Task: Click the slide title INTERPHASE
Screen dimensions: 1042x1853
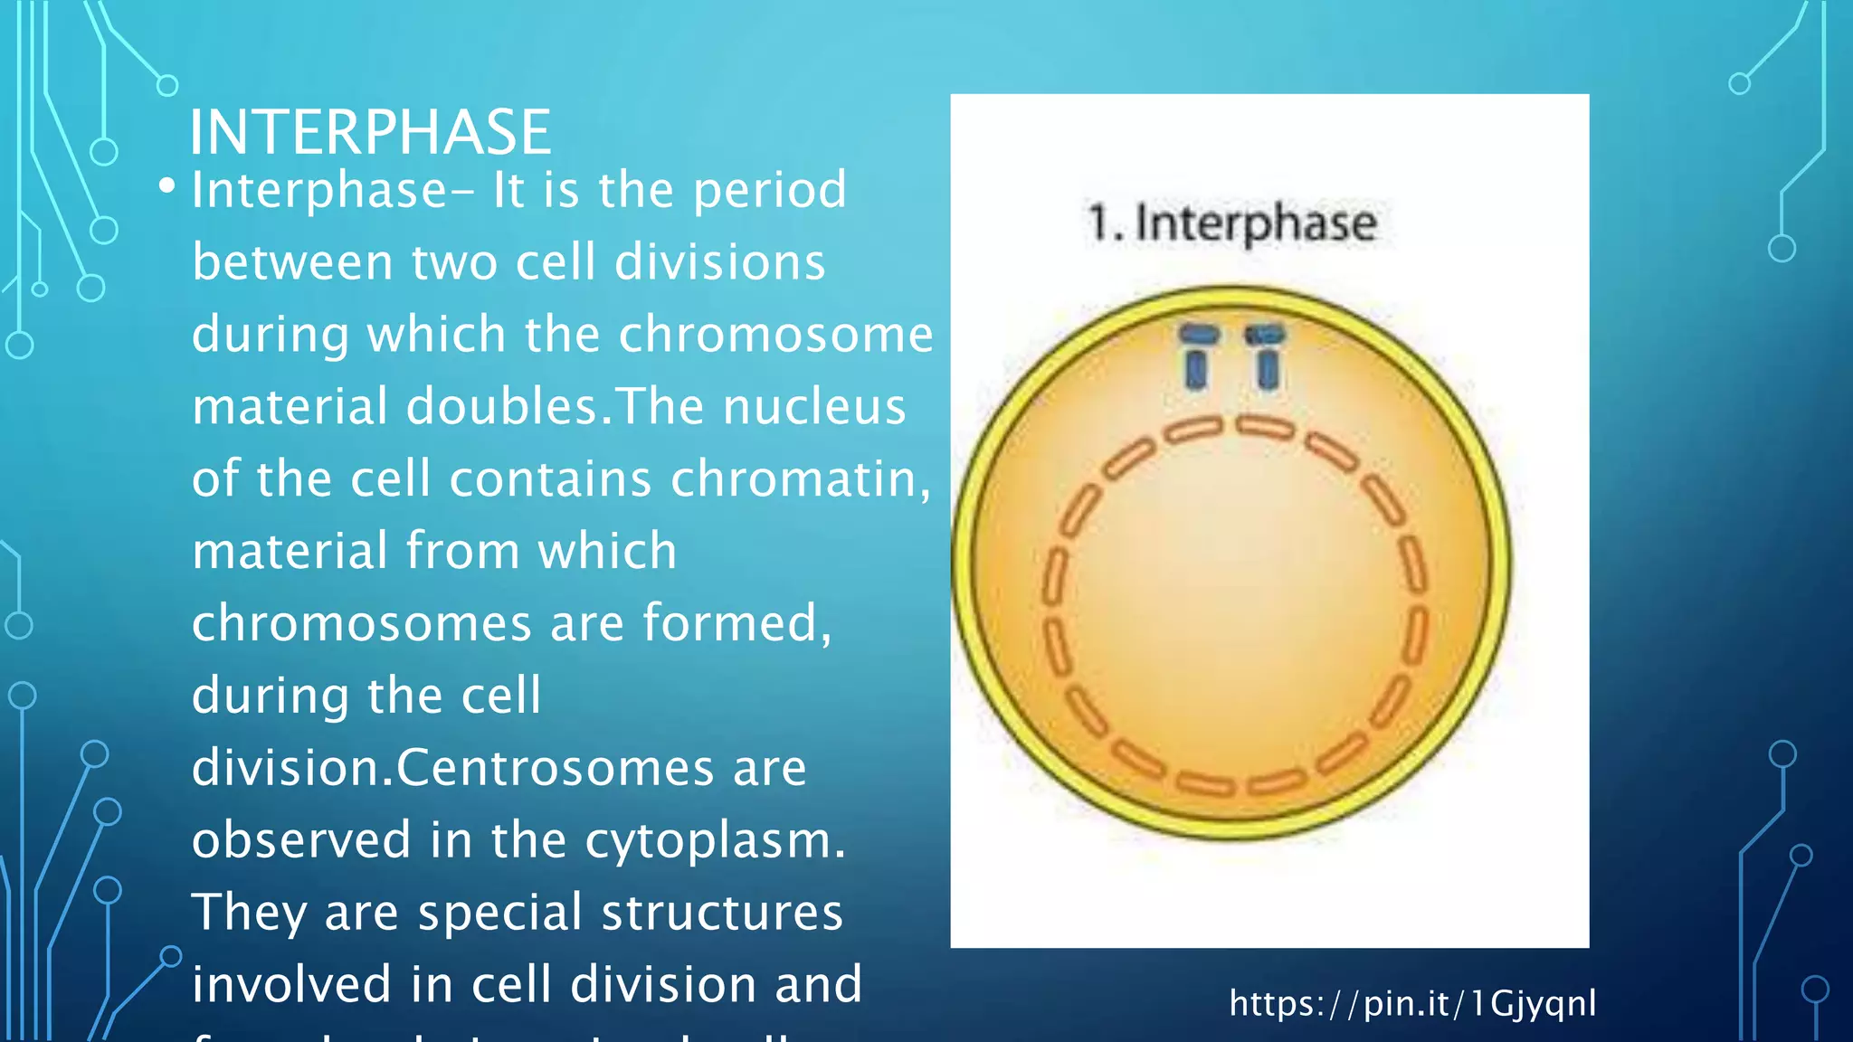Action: point(369,132)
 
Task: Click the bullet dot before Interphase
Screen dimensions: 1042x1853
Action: point(166,186)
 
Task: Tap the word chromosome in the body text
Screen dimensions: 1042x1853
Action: point(775,334)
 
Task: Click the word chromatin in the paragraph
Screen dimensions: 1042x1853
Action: point(799,478)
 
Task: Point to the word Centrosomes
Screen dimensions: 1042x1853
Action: point(555,768)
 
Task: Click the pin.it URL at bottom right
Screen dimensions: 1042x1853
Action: point(1411,1003)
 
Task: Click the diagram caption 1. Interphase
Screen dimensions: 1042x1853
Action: point(1231,223)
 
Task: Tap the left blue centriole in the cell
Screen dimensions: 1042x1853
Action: point(1198,358)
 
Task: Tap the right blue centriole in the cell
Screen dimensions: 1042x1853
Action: point(1266,358)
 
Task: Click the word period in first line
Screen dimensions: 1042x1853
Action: point(769,190)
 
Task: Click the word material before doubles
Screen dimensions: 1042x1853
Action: point(290,406)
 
